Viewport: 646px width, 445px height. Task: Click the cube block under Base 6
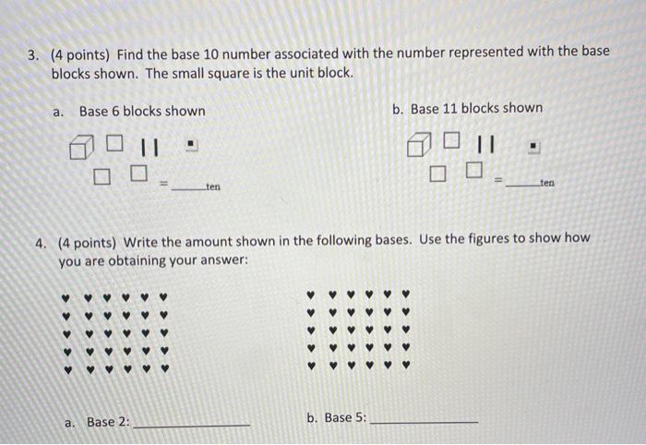tap(81, 147)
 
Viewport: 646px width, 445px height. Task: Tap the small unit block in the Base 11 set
tap(534, 146)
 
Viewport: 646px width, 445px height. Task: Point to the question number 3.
tap(31, 54)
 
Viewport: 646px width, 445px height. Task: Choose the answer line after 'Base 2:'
tap(191, 423)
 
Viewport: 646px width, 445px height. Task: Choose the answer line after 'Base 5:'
tap(424, 420)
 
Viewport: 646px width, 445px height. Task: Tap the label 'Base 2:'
tap(108, 422)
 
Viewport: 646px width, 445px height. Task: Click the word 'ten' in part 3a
tap(213, 186)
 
